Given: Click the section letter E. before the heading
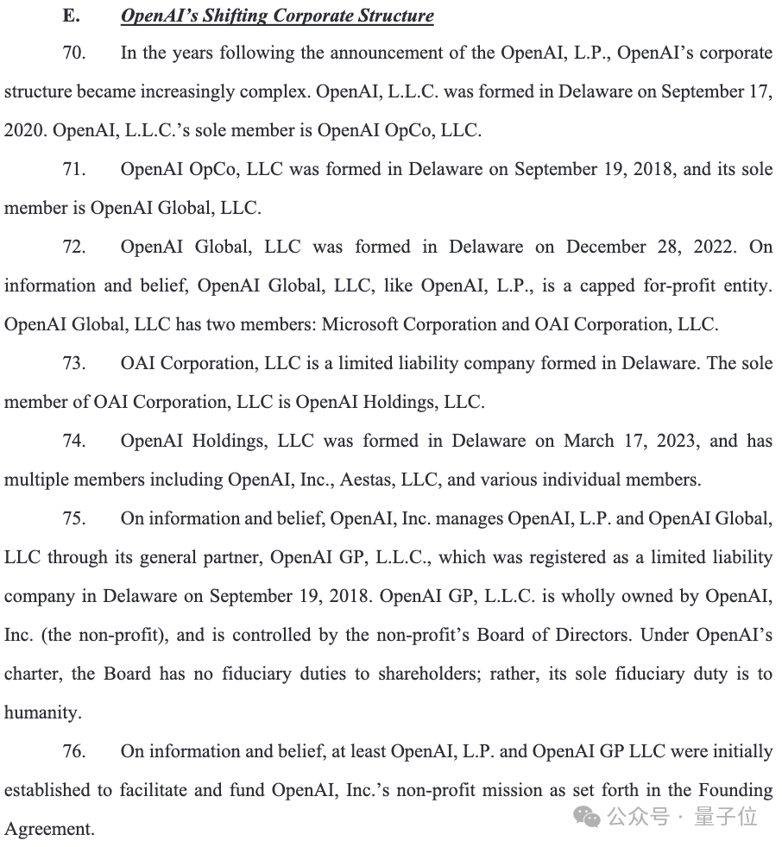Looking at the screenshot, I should tap(71, 16).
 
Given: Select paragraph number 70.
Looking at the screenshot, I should tap(74, 53).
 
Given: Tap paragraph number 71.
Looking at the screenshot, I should tap(74, 170).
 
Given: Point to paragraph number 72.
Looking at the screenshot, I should tap(74, 248).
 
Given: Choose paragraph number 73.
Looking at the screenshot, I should tap(74, 364).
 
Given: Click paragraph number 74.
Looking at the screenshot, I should tap(74, 442).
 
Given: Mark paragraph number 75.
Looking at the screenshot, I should tap(74, 519).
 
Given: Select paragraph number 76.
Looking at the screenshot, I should tap(74, 752).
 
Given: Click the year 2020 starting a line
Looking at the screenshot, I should tap(25, 131).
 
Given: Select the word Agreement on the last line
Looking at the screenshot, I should tap(48, 830).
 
